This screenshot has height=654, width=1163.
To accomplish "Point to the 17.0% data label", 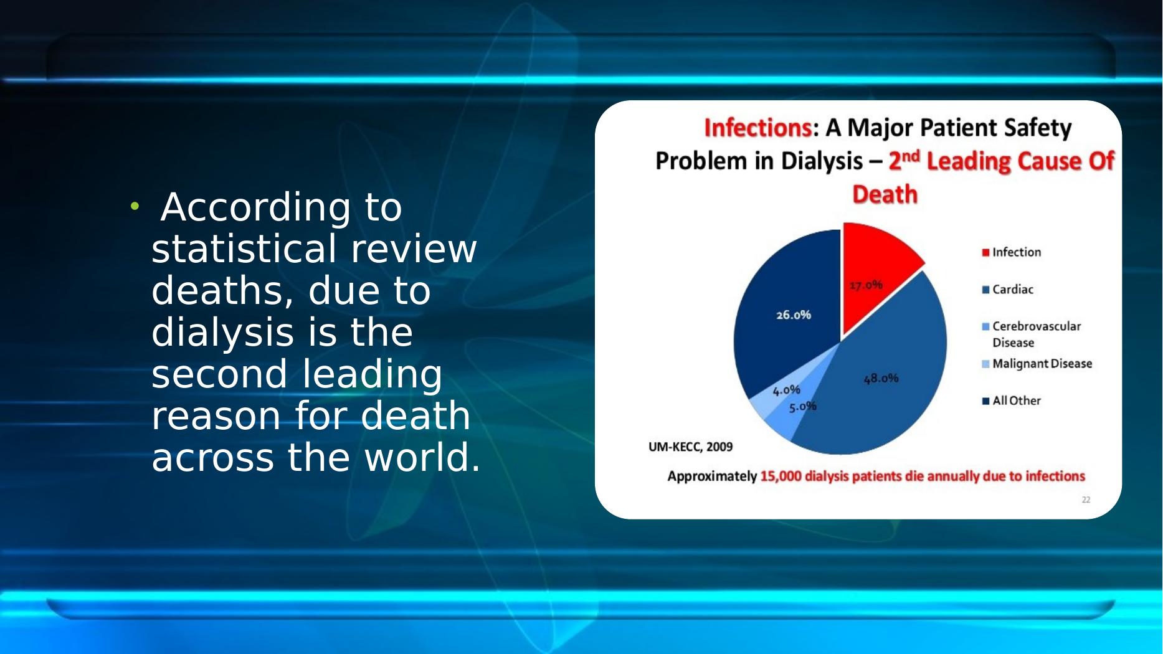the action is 866,285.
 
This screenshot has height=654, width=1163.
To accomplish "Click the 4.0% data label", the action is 786,390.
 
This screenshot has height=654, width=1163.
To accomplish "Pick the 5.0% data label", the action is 802,407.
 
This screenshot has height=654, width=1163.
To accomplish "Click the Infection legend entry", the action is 1011,252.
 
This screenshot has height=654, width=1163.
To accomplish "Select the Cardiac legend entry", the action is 1007,290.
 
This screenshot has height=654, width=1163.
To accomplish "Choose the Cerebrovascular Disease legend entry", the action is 1032,334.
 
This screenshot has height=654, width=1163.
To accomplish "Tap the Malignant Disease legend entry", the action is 1037,364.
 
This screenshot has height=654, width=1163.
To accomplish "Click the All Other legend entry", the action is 1011,401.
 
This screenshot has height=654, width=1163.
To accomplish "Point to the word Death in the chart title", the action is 885,194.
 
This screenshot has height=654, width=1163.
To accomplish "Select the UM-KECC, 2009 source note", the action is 690,447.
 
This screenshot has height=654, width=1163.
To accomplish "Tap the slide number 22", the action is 1086,500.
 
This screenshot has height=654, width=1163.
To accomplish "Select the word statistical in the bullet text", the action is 244,249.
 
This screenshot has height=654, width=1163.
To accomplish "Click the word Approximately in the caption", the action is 712,476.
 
